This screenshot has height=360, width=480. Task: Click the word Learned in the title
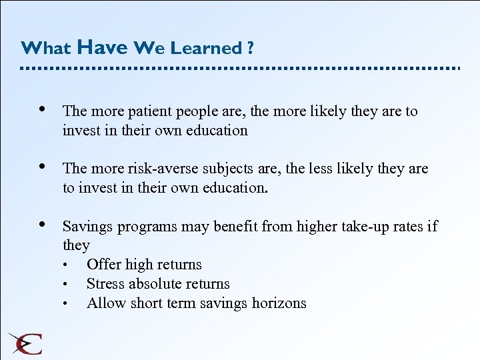[x=207, y=48]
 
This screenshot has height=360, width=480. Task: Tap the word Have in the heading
[x=102, y=47]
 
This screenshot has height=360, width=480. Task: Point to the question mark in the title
[x=250, y=48]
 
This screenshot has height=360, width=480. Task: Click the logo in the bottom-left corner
[x=25, y=342]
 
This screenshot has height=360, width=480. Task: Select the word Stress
[x=103, y=284]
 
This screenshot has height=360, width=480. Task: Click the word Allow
[x=103, y=303]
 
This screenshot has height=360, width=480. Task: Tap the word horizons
[x=279, y=303]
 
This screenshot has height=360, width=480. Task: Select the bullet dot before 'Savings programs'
[x=43, y=225]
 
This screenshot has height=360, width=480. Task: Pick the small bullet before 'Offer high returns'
[x=66, y=265]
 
